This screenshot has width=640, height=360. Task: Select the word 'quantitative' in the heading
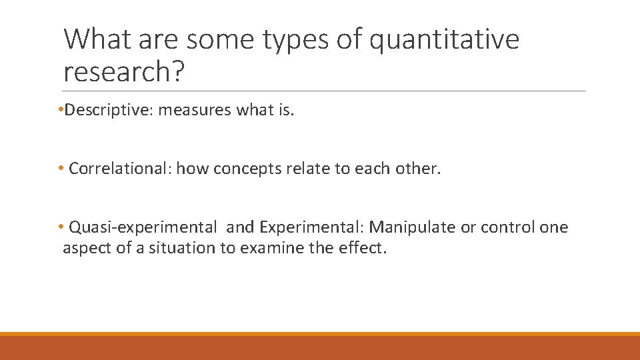coord(444,40)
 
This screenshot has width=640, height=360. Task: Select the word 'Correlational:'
coord(120,169)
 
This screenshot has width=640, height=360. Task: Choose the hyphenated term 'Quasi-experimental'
coord(143,227)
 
